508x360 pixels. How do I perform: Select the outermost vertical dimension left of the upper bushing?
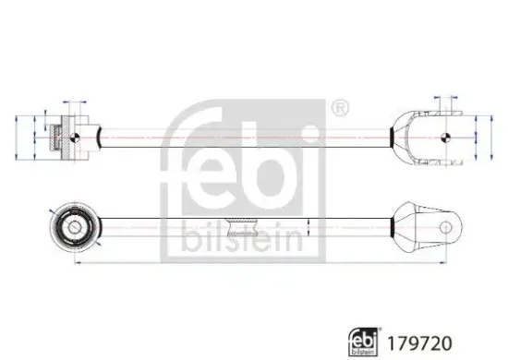20,137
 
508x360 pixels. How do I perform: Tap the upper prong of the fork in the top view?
434,118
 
